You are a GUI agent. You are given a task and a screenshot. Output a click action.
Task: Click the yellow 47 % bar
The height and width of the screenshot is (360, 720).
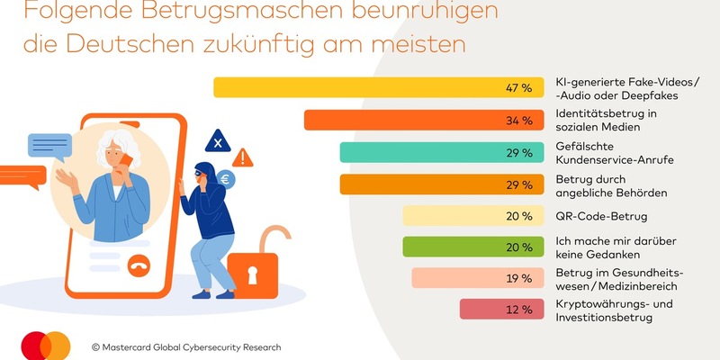[378, 87]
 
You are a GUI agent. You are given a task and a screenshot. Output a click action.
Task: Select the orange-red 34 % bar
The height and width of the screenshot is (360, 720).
[423, 120]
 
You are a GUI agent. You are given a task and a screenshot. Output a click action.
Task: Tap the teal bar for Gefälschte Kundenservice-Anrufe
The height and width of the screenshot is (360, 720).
[441, 152]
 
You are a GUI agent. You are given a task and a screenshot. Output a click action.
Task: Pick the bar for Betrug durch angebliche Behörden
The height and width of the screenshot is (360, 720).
[441, 184]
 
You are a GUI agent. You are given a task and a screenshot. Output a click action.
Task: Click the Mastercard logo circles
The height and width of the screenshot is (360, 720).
[45, 345]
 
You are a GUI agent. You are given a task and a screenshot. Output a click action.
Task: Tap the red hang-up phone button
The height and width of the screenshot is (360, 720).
[138, 265]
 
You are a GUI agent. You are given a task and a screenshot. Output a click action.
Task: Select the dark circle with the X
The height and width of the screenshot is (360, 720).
[217, 141]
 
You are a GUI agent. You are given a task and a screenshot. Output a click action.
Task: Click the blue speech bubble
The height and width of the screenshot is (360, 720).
[49, 145]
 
